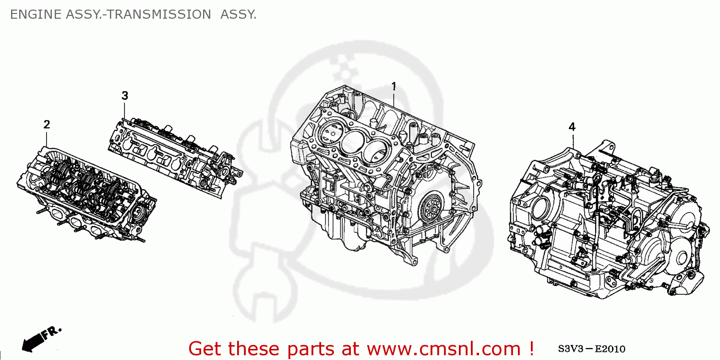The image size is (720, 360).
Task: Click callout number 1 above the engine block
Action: point(394,86)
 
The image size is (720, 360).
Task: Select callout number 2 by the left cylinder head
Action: point(47,125)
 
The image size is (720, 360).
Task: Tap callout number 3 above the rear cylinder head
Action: point(125,96)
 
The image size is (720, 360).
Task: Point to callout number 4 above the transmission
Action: point(572,127)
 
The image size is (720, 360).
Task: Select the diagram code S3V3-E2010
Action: point(591,349)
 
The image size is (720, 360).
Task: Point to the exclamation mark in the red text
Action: point(530,348)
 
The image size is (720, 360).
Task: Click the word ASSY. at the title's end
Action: point(238,15)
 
